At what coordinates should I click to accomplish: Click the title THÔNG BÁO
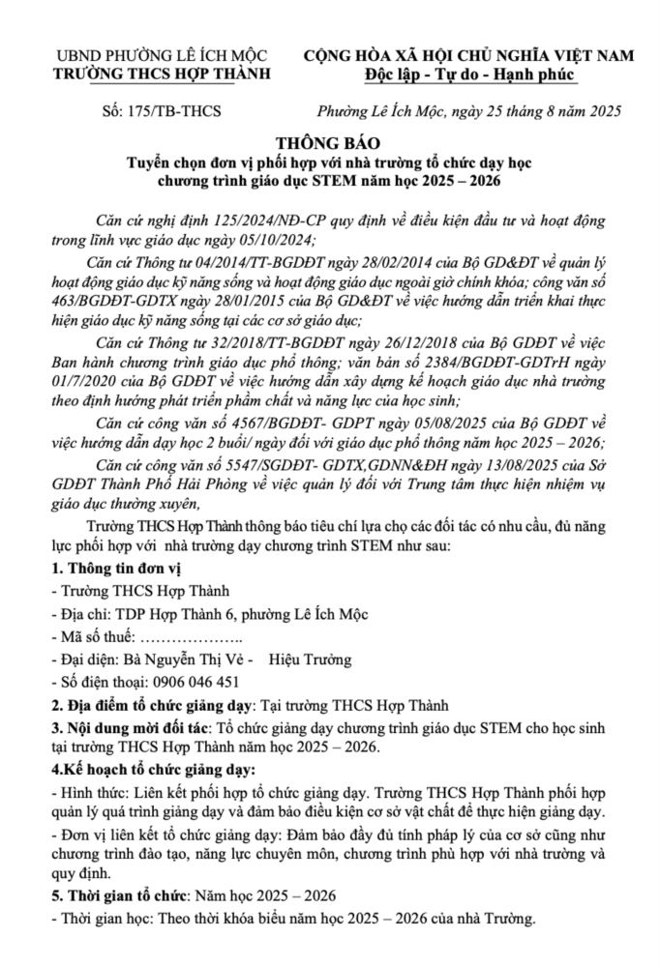[x=330, y=139]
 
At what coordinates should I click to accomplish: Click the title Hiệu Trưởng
[x=310, y=659]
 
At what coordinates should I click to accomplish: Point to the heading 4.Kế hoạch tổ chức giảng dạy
[x=153, y=770]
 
